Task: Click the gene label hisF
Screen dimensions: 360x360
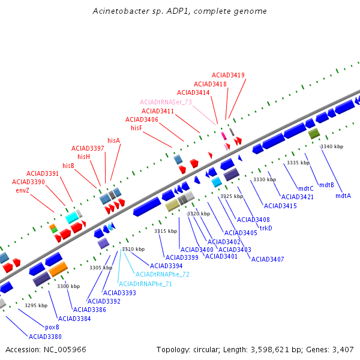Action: click(x=136, y=128)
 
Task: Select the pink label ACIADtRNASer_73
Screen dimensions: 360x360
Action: click(x=166, y=102)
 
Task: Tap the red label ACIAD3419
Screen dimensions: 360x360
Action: click(x=228, y=76)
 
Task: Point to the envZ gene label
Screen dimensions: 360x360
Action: click(x=23, y=191)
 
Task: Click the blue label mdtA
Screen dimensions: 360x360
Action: click(x=343, y=196)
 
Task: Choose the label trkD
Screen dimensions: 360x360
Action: click(x=266, y=228)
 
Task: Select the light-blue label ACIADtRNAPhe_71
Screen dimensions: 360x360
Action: click(x=145, y=284)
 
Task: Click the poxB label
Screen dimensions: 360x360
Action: click(x=52, y=328)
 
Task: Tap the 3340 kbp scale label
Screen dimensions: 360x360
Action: click(x=332, y=146)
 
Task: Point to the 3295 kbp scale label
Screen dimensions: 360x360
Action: click(x=36, y=305)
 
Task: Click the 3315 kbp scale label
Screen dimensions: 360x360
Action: click(x=166, y=231)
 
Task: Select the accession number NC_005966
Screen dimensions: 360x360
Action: click(x=65, y=350)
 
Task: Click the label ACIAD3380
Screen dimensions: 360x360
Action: click(x=45, y=337)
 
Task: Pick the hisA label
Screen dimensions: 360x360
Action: click(x=114, y=140)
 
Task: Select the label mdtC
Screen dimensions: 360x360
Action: click(x=306, y=189)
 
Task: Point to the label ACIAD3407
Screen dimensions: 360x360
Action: click(x=268, y=259)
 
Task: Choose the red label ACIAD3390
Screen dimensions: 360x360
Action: click(x=28, y=182)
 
